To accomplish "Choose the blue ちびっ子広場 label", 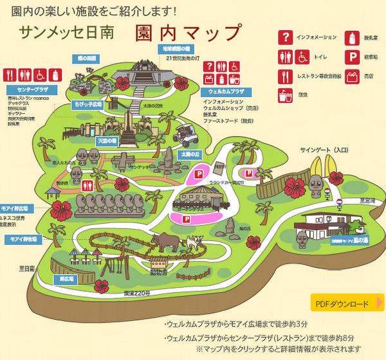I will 87,103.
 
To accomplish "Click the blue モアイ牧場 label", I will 23,239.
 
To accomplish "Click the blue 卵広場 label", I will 66,280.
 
